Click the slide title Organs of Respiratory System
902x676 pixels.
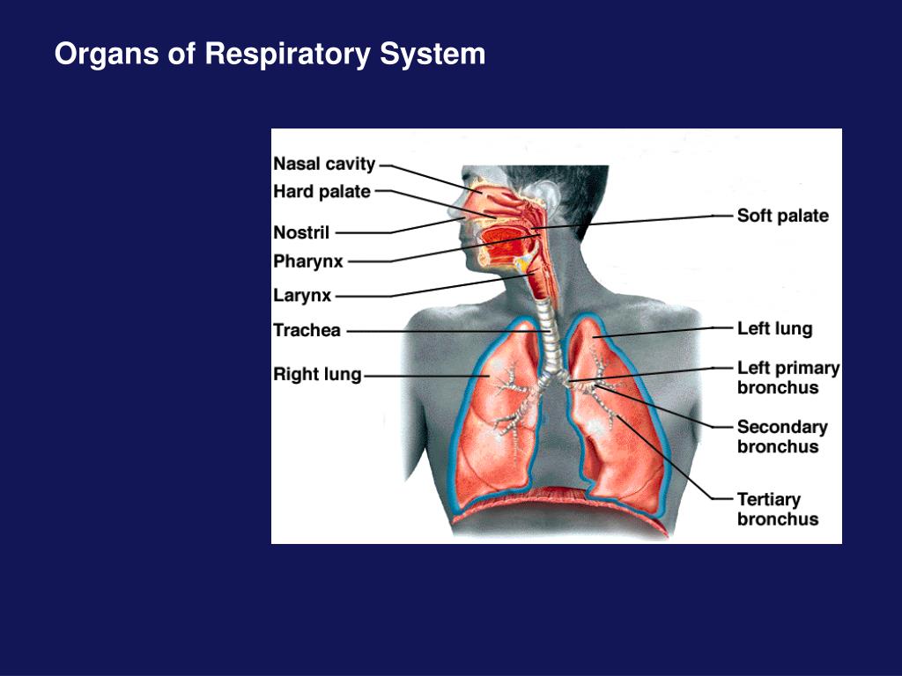tap(270, 55)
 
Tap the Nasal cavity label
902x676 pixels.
tap(324, 164)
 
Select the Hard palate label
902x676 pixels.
tap(322, 191)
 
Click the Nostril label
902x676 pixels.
tap(301, 233)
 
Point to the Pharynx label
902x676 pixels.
tap(308, 261)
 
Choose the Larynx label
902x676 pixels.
tap(302, 296)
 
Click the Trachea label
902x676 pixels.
tap(307, 331)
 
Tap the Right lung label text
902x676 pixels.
tap(317, 375)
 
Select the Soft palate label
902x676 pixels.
tap(782, 216)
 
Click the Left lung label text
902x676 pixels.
tap(774, 329)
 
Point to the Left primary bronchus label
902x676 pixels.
tap(787, 378)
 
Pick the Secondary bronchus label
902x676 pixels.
tap(782, 437)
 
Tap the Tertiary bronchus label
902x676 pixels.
tap(778, 509)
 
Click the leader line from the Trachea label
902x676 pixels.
tap(440, 331)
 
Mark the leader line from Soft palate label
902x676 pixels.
tap(652, 219)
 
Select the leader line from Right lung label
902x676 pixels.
tap(423, 376)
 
